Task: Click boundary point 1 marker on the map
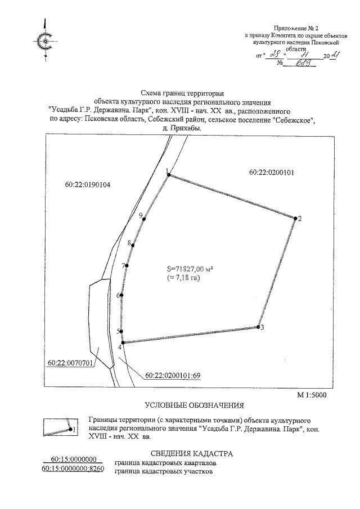tap(169, 175)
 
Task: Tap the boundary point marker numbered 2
tap(294, 218)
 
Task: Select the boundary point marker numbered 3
tap(259, 327)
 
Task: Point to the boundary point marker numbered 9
tap(144, 219)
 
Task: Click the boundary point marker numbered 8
tap(134, 244)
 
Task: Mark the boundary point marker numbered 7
tap(127, 265)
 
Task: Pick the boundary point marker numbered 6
tap(122, 295)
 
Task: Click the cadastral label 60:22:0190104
tap(87, 184)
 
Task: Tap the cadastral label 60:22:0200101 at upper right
tap(272, 172)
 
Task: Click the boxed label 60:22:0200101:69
tap(173, 375)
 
